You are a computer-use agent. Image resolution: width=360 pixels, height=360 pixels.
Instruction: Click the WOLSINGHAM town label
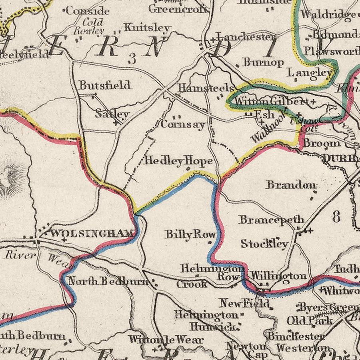[92, 233]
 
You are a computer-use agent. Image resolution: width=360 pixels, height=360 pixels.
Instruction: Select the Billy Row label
[190, 234]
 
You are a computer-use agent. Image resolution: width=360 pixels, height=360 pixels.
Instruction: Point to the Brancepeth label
[272, 220]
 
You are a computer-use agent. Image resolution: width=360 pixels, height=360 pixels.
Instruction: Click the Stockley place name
[264, 244]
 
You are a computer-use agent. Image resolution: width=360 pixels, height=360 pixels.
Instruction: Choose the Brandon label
[292, 185]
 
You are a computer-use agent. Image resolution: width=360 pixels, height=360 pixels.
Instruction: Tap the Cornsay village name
[183, 124]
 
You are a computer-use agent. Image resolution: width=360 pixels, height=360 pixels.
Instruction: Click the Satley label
[112, 114]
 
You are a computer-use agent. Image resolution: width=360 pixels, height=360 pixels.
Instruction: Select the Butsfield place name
[105, 85]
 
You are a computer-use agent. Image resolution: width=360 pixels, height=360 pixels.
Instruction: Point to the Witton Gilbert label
[272, 101]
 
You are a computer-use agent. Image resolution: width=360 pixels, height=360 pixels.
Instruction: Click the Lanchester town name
[244, 37]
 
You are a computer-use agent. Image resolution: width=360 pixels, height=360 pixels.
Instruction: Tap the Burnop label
[263, 62]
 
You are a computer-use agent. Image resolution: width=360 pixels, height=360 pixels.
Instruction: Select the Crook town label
[192, 284]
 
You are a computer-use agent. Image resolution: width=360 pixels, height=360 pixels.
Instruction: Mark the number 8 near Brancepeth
[336, 216]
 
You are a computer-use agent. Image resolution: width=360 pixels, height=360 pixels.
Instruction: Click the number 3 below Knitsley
[132, 58]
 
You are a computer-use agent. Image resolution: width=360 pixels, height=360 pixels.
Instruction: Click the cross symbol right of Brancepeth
[309, 230]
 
